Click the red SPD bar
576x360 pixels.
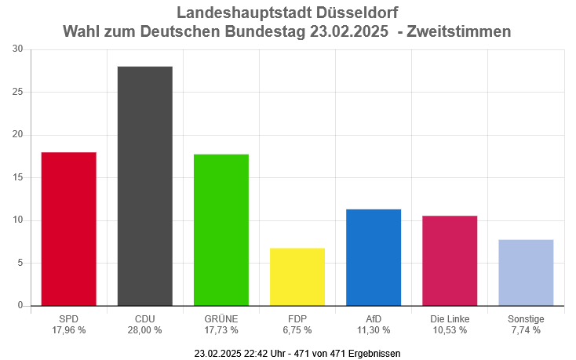coord(68,228)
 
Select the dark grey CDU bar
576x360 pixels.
coord(144,186)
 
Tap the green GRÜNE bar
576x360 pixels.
coord(221,230)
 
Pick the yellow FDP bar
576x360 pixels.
coord(297,276)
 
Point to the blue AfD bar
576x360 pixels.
coord(374,257)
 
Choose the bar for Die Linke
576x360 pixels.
coord(450,260)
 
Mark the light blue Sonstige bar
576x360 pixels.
coord(526,272)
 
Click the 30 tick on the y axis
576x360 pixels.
coord(17,49)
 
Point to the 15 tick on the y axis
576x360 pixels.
coord(17,177)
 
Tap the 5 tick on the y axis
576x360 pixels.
coord(20,263)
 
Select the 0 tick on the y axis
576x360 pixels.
coord(20,305)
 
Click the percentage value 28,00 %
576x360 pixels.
coord(144,330)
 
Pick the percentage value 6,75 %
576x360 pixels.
coord(297,330)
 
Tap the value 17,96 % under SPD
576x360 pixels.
coord(68,330)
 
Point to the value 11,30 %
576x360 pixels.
coord(374,330)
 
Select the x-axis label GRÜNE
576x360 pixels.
coord(221,318)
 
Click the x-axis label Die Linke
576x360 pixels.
coord(450,318)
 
